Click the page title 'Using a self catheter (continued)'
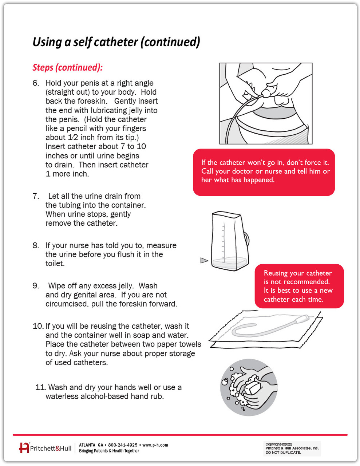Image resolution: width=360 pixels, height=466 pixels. tap(116, 42)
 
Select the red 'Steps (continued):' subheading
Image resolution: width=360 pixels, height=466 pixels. tap(68, 67)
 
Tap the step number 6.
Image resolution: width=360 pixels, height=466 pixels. tap(36, 83)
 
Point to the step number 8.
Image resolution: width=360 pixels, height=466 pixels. tap(36, 245)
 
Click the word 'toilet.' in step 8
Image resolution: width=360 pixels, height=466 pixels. tap(55, 263)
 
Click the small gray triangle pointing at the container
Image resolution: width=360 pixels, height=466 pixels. tap(204, 260)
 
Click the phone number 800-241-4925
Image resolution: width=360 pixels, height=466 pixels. tap(123, 445)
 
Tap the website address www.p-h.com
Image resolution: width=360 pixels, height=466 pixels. tap(155, 445)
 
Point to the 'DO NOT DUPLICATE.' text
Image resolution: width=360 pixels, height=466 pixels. tap(283, 452)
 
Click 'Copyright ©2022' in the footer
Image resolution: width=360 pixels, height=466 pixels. tap(279, 444)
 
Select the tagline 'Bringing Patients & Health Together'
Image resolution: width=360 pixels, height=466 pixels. tap(109, 451)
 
